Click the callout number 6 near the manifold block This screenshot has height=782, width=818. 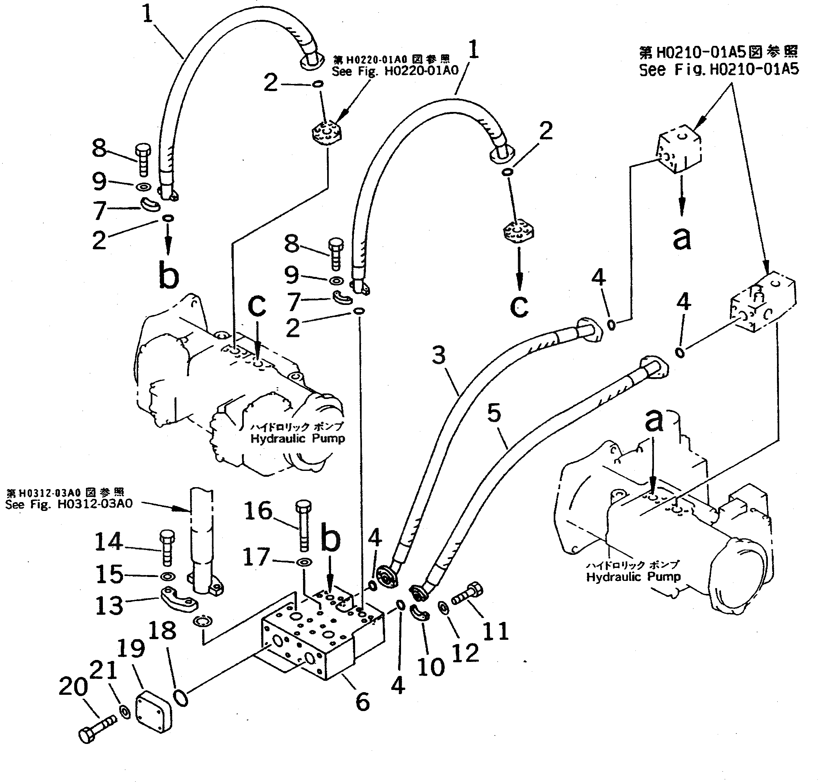(x=362, y=701)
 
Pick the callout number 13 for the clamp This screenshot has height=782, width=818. (x=109, y=605)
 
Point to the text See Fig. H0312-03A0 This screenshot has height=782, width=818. (x=69, y=504)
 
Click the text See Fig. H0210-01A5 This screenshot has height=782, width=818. (x=719, y=69)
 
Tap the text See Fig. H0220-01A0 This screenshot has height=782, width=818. (x=395, y=71)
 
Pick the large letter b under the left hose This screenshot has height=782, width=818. (x=169, y=276)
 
